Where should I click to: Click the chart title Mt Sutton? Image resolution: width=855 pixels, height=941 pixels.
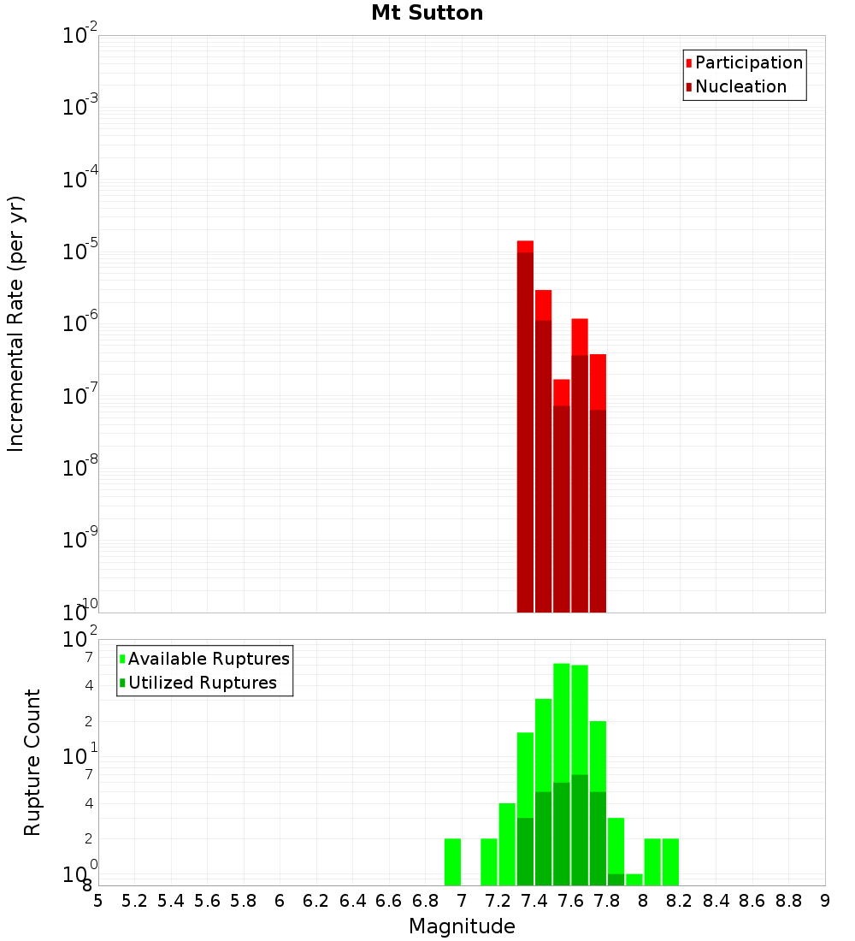coord(427,13)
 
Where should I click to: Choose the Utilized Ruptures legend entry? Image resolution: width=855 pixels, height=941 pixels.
coord(201,684)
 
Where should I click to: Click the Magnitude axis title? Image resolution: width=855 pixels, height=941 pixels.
coord(462,926)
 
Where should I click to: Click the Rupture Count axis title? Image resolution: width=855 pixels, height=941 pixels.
coord(32,762)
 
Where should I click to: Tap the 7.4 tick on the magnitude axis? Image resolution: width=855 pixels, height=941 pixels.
coord(534,901)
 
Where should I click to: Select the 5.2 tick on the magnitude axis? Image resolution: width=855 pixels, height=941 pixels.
coord(134,901)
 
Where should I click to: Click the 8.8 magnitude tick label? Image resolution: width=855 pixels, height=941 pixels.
coord(788,901)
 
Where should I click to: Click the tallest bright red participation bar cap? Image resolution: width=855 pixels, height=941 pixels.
coord(525,246)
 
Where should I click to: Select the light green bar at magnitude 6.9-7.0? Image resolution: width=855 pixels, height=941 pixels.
coord(452,861)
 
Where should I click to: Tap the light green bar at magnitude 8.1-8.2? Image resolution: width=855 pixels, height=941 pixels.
coord(670,861)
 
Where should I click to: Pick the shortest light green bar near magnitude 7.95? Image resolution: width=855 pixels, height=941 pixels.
coord(634,879)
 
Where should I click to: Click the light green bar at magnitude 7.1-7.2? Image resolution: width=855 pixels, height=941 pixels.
coord(489,861)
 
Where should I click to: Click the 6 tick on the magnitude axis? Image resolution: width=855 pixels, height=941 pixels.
coord(280,901)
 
